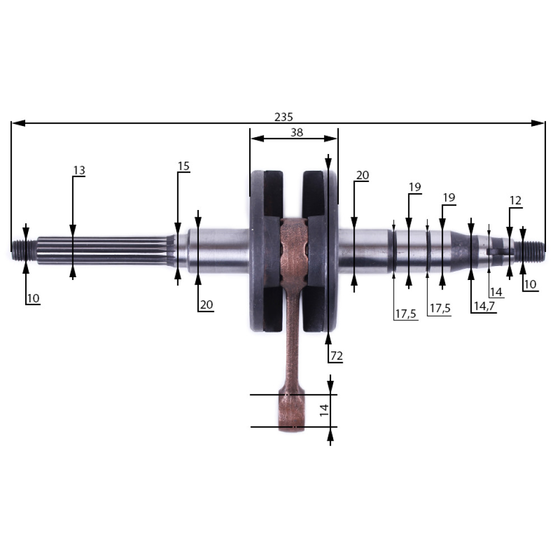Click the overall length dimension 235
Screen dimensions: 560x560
(283, 117)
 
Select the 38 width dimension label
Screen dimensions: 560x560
(297, 133)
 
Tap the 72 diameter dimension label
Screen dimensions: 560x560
(337, 356)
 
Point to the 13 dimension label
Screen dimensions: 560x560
(80, 170)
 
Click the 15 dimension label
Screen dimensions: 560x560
(184, 166)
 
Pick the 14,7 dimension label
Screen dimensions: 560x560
(484, 306)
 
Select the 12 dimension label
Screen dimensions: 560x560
(515, 200)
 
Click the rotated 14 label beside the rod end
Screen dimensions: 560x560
(324, 410)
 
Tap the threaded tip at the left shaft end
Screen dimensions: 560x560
(24, 250)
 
